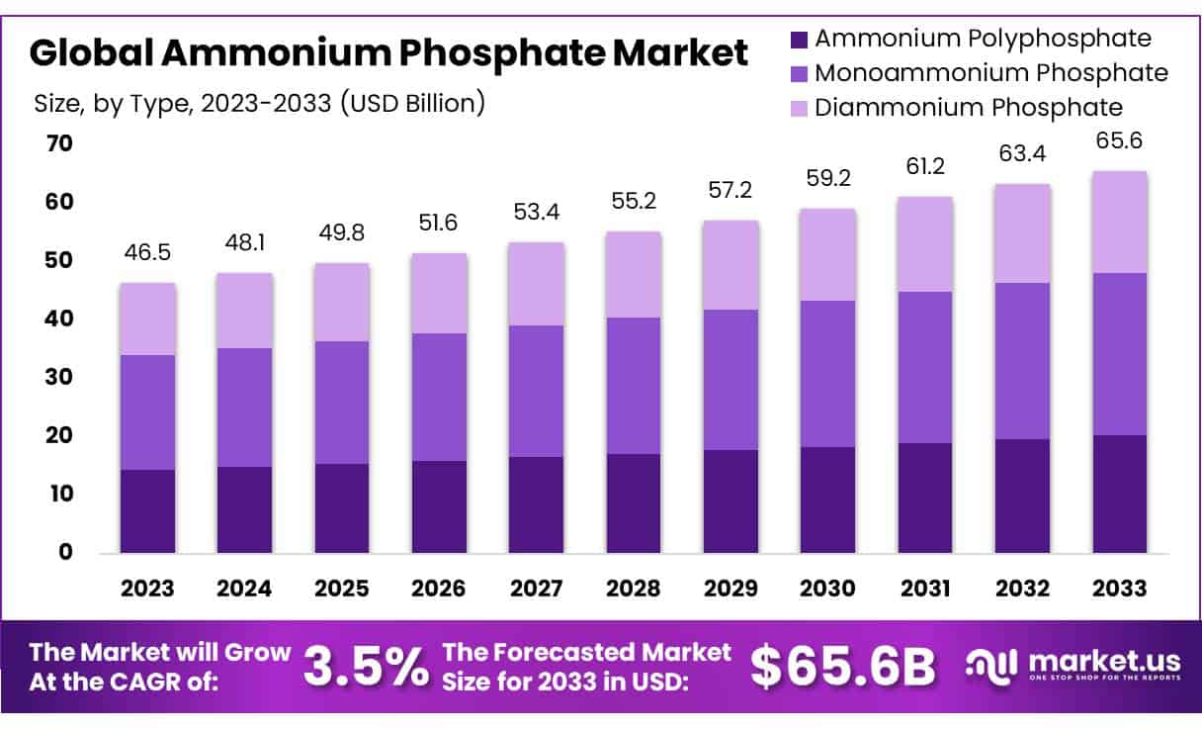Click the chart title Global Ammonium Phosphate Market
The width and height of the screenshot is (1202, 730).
(388, 52)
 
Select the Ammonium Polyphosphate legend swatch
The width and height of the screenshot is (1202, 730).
(798, 40)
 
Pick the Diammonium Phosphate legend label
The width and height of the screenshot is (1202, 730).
(969, 106)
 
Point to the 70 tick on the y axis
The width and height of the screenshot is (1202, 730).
(59, 144)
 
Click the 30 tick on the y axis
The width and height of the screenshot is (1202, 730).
(59, 377)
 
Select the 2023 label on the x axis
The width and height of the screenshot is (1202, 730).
(147, 589)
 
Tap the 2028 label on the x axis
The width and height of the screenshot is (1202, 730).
(634, 589)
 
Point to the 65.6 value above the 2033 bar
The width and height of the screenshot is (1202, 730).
(1120, 140)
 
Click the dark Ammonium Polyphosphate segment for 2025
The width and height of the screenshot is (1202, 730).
(342, 507)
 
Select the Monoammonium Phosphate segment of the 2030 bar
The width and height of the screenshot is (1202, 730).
(828, 374)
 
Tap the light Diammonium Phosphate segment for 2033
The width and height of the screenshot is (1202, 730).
(1120, 222)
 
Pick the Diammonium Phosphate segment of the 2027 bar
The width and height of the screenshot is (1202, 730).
(537, 284)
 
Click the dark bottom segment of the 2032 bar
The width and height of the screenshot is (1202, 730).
(1023, 496)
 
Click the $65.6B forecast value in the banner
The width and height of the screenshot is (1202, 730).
(841, 667)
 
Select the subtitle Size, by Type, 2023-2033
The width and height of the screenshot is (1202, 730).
(259, 103)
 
